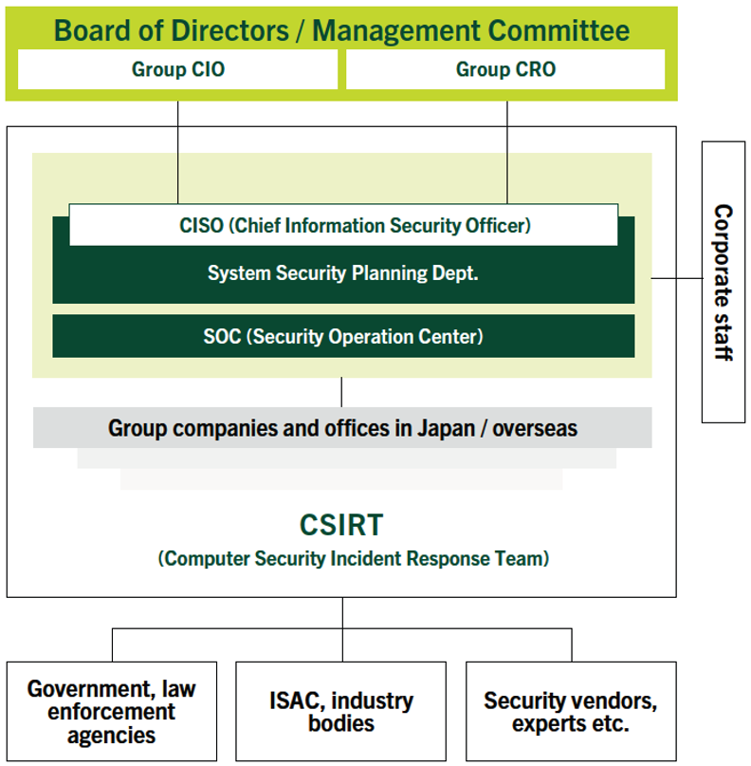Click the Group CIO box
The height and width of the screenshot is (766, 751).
coord(177,69)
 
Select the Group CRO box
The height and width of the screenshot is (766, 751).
coord(505,69)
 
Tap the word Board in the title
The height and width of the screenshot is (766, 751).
coord(92,30)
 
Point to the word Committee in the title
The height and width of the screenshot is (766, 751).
coord(559,30)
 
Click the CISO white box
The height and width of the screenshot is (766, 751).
coord(343,225)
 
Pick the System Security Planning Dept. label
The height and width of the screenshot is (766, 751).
coord(343,273)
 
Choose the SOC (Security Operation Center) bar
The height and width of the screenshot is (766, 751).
coord(343,336)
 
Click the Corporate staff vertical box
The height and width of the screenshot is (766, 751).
coord(724,282)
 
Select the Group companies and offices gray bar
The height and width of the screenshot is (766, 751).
coord(342,427)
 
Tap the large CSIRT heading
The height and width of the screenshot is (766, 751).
coord(341,525)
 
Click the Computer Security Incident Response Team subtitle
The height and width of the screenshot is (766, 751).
coord(354,558)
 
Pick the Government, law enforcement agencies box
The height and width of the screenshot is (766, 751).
coord(112,711)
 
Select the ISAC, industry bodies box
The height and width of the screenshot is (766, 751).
coord(341,711)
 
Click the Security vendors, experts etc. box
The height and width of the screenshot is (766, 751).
coord(571,711)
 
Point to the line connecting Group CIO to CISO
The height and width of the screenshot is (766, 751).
coord(177,153)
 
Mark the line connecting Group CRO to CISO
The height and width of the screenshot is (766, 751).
coord(507,153)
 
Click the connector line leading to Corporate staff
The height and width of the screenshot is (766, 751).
coord(677,278)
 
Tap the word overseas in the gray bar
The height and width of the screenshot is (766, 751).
coord(535,428)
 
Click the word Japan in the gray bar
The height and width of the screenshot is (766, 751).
coord(446,428)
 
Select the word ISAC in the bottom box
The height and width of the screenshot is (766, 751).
coord(297,701)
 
